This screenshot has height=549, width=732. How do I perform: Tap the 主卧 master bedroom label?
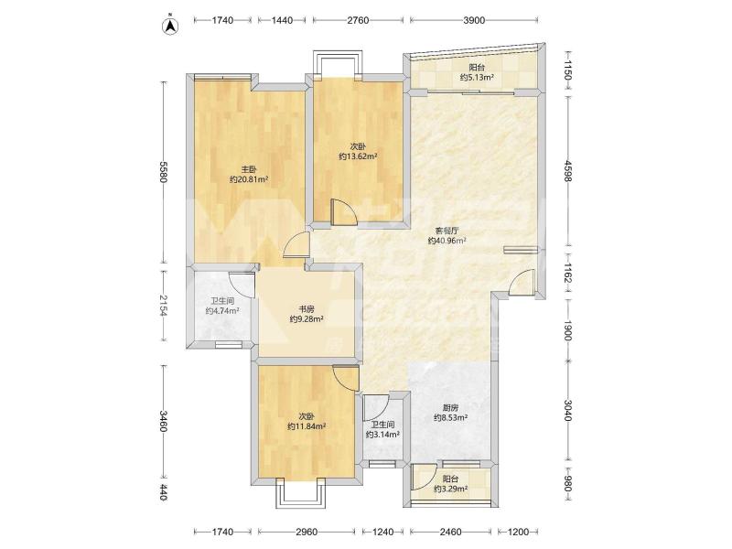[x=249, y=169]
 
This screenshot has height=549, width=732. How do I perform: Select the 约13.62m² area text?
[x=358, y=156]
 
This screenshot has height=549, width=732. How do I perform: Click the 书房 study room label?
[x=307, y=309]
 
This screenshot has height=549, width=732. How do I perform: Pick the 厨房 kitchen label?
[x=450, y=406]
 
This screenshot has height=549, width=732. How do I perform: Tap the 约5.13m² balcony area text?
[x=477, y=78]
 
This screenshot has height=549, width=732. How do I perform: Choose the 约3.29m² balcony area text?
[x=450, y=489]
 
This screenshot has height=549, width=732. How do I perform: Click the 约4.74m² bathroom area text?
[x=222, y=311]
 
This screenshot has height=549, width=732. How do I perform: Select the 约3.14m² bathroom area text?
[x=382, y=435]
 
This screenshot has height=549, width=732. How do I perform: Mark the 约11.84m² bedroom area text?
[x=307, y=426]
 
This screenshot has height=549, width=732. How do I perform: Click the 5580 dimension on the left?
[x=163, y=172]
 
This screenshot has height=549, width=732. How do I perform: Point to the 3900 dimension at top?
[x=474, y=20]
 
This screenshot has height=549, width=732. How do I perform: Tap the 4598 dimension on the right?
[x=567, y=171]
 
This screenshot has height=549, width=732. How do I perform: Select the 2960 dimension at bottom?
[x=307, y=532]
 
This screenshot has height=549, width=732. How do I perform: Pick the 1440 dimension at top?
[x=282, y=20]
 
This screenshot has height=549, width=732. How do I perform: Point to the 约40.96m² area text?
[x=447, y=241]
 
